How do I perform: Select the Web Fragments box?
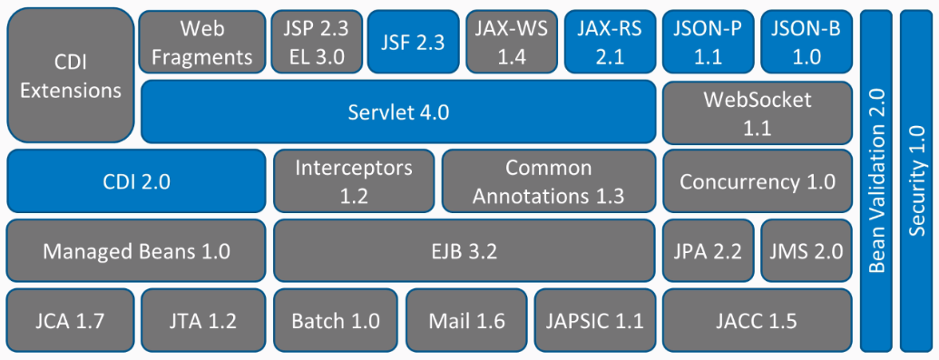point(201,43)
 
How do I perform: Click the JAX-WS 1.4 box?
point(511,43)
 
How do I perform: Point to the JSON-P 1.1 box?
point(708,43)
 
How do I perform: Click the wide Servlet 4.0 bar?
point(398,112)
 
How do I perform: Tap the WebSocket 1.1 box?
point(757,112)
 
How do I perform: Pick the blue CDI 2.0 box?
point(136,180)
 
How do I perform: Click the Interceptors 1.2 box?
point(353,180)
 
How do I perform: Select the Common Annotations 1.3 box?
point(548,180)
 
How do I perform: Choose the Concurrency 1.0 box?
point(757,180)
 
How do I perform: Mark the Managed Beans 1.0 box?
point(136,249)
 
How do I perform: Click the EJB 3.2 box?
point(464,249)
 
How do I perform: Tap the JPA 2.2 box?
point(708,249)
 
